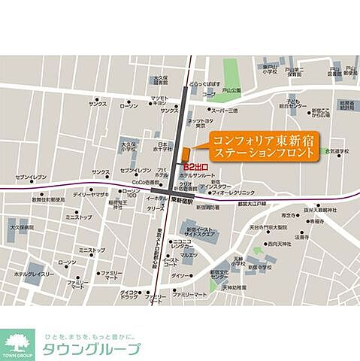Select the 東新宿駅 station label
(180, 200)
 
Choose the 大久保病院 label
(22, 226)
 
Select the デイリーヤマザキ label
(88, 194)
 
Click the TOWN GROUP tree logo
(17, 344)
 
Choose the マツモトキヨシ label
(159, 100)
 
